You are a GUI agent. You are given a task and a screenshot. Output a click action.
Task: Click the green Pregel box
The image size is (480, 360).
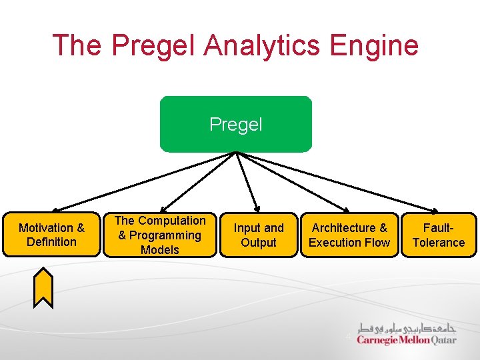(235, 124)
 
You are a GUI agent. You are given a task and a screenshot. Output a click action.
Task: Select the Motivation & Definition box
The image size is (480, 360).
(51, 235)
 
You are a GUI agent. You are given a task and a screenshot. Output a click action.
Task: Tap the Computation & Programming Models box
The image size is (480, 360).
(160, 235)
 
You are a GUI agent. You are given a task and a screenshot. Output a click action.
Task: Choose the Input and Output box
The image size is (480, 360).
(259, 235)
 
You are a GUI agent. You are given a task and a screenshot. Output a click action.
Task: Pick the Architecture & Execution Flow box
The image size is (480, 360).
(349, 235)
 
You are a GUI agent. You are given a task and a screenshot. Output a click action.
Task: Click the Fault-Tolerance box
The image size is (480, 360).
(439, 235)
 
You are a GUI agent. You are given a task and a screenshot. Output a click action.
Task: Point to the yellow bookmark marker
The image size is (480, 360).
(43, 287)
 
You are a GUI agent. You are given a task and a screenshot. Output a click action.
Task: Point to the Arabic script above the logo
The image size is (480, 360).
(407, 328)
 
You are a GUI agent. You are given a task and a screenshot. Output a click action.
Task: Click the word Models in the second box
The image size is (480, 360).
(160, 250)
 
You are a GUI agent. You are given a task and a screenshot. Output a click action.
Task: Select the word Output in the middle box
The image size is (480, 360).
(259, 243)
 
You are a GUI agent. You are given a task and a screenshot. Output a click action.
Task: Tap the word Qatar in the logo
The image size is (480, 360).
(444, 340)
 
